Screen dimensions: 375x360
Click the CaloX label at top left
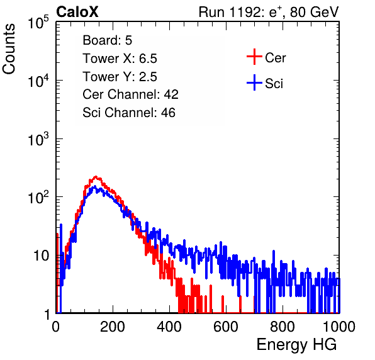(77, 12)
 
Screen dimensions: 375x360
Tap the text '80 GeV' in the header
(315, 12)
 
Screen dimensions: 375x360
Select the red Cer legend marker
(254, 57)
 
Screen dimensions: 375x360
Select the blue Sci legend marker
(254, 82)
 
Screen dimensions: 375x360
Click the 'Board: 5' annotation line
(108, 40)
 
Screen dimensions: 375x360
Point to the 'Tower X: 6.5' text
(120, 59)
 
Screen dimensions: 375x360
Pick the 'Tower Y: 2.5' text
(120, 77)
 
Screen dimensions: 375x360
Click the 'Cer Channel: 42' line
(131, 94)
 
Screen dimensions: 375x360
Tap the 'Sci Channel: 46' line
(129, 113)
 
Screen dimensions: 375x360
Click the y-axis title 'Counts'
(9, 49)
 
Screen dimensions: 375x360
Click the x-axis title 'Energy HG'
(297, 345)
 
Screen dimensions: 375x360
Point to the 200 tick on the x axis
(113, 327)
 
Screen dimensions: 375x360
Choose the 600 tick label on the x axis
(226, 327)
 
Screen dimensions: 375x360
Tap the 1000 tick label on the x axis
(339, 327)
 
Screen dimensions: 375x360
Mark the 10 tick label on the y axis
(42, 256)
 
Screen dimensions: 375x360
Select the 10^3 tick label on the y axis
(39, 138)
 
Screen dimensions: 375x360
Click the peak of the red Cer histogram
(96, 177)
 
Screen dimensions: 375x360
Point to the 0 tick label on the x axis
(55, 327)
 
